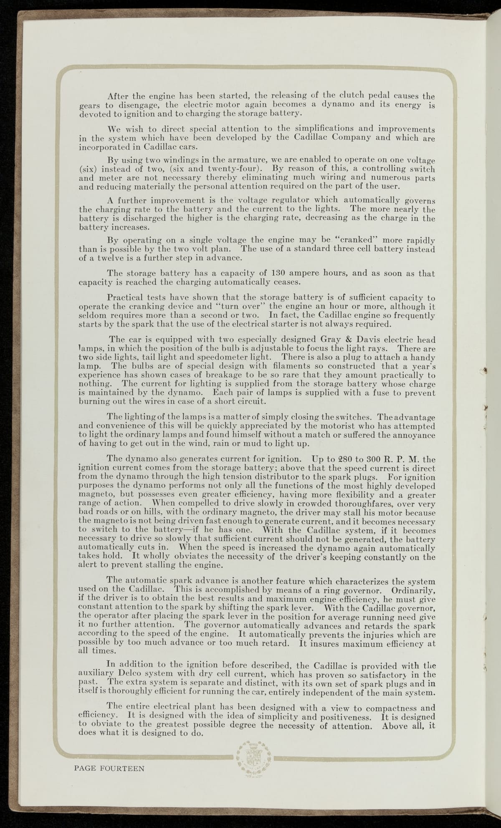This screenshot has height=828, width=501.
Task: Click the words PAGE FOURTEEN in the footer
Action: pos(109,768)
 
